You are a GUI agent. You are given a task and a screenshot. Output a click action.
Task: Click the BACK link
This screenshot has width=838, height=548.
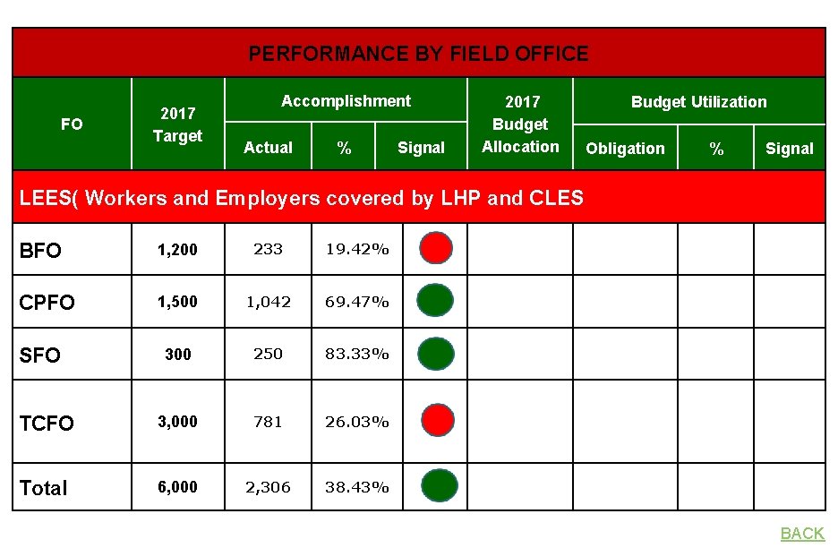click(x=802, y=534)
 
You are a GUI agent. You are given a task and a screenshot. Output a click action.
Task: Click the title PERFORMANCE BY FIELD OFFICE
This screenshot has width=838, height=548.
click(x=418, y=54)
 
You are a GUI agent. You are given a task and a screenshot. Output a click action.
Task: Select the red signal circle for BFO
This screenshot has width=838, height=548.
click(x=436, y=248)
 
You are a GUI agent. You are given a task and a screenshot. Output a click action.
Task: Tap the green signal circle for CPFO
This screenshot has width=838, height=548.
click(x=436, y=301)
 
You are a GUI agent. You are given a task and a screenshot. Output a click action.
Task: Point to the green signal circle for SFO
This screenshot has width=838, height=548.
click(x=436, y=354)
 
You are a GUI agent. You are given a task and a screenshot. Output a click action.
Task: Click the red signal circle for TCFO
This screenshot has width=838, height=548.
click(x=436, y=421)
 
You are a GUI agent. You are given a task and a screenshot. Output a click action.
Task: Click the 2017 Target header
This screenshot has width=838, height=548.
click(x=177, y=124)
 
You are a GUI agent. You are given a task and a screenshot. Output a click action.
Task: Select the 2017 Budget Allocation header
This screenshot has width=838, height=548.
click(x=520, y=124)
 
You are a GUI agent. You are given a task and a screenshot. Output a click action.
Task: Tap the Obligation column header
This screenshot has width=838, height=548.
click(x=625, y=149)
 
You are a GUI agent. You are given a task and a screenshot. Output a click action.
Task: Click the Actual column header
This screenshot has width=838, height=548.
click(x=268, y=148)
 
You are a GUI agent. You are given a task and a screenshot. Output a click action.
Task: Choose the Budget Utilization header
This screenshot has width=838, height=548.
click(x=698, y=102)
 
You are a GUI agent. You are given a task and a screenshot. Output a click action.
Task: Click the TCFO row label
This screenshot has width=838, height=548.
click(x=47, y=423)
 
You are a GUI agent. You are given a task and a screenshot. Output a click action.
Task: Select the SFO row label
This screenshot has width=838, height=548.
click(x=40, y=355)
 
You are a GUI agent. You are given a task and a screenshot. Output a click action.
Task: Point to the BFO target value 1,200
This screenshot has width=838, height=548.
click(x=177, y=250)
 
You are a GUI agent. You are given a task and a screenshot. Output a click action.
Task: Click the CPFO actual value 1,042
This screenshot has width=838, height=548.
click(x=269, y=302)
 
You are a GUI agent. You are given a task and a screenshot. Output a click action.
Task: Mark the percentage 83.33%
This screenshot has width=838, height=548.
click(x=356, y=354)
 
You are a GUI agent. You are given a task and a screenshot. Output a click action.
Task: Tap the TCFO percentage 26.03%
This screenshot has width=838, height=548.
click(x=356, y=421)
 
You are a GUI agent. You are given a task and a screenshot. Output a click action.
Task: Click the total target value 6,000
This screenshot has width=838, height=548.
click(x=177, y=487)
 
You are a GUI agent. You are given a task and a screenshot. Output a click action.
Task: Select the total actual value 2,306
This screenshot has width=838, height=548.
click(x=269, y=487)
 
